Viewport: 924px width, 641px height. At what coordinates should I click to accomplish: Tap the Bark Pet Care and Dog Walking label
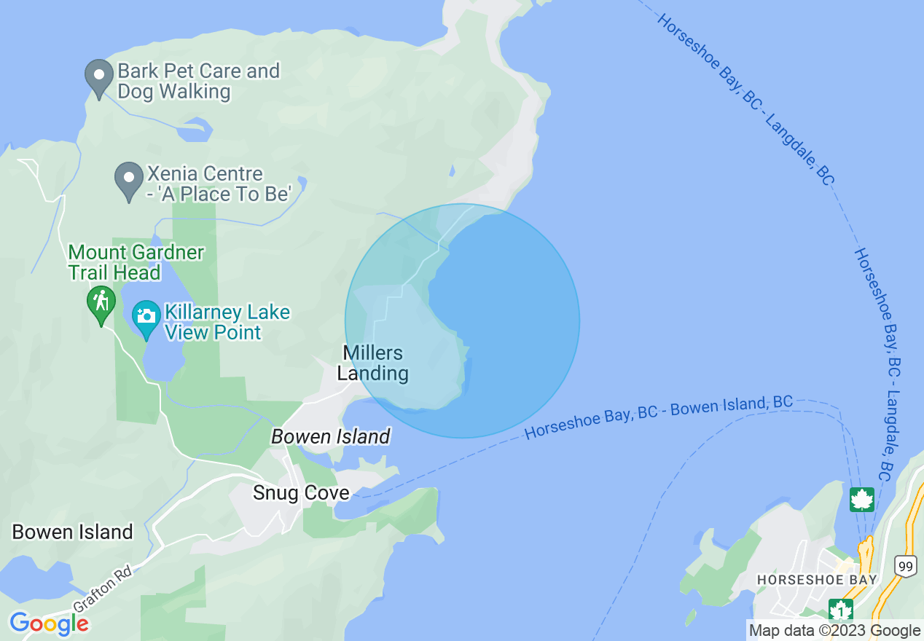tap(198, 81)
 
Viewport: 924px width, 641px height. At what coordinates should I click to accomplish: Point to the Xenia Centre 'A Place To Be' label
tap(219, 184)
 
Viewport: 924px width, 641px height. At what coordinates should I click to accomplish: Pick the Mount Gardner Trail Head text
tap(136, 262)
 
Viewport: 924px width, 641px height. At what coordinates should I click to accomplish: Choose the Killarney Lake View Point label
tap(227, 322)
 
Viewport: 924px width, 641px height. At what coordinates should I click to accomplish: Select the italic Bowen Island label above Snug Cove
tap(331, 436)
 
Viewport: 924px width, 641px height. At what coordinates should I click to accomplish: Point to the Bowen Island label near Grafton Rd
tap(73, 532)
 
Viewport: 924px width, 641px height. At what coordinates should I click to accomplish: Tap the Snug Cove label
tap(301, 493)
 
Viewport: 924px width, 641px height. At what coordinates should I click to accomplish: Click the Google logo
tap(49, 624)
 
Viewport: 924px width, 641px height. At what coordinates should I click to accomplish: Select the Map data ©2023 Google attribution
tap(835, 631)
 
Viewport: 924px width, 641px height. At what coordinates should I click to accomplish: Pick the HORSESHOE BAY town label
tap(817, 580)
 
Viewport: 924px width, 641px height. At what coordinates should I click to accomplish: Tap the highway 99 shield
tap(905, 566)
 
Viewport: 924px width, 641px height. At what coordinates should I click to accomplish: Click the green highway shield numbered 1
tap(841, 609)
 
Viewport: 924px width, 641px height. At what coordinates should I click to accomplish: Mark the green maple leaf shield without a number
tap(861, 500)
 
